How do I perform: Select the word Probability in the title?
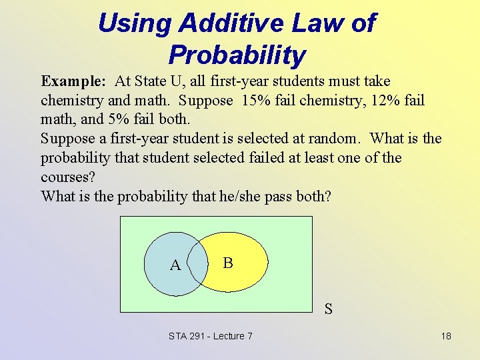pyautogui.click(x=237, y=55)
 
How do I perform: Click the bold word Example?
pyautogui.click(x=73, y=81)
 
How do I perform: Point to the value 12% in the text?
pyautogui.click(x=389, y=101)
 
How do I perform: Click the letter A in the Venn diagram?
pyautogui.click(x=175, y=265)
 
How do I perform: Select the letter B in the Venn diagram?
pyautogui.click(x=228, y=263)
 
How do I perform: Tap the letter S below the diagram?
pyautogui.click(x=329, y=309)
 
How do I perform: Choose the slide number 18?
pyautogui.click(x=446, y=336)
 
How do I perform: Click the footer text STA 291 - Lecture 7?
pyautogui.click(x=211, y=336)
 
